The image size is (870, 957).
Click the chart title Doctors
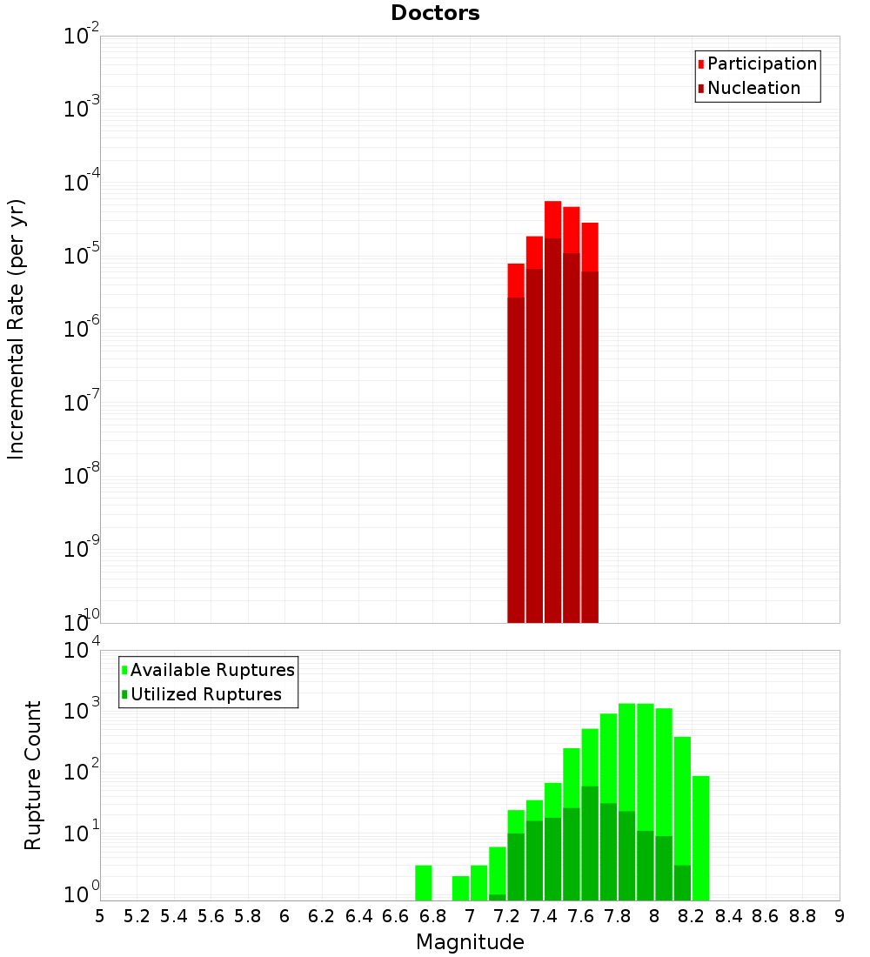tap(435, 13)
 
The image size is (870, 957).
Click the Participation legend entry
tap(762, 64)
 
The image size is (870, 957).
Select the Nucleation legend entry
tap(753, 88)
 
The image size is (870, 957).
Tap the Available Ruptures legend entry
tap(212, 670)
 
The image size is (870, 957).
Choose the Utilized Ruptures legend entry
tap(205, 694)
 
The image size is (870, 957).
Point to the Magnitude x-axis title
tap(470, 942)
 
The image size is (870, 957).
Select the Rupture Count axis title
tap(33, 775)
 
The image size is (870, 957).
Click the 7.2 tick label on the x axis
tap(507, 916)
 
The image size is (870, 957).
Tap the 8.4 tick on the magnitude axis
tap(729, 916)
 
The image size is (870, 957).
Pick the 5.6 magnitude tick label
tap(211, 916)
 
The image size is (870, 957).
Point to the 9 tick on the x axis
tap(840, 916)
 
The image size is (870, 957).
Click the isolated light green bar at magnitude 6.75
tap(424, 883)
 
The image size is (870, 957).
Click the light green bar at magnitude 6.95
tap(461, 888)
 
